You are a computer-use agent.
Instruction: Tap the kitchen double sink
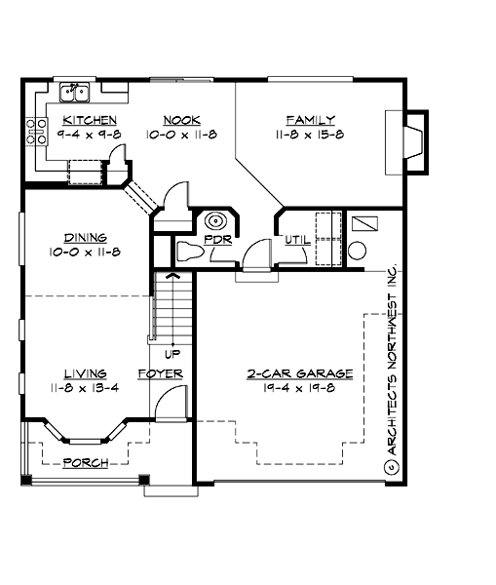coord(75,93)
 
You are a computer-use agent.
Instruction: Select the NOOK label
coord(181,120)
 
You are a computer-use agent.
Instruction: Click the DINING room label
coord(86,237)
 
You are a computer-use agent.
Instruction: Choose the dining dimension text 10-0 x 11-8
coord(86,253)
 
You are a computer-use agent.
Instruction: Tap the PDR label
coord(216,240)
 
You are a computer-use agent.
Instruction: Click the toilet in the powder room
coord(190,253)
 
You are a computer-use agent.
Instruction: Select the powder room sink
coord(215,219)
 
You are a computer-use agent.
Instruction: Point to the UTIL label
coord(296,240)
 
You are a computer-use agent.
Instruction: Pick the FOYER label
coord(161,373)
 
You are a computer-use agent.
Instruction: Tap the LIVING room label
coord(86,373)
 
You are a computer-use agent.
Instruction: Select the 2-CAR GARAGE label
coord(286,373)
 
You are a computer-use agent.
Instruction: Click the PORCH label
coord(85,462)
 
